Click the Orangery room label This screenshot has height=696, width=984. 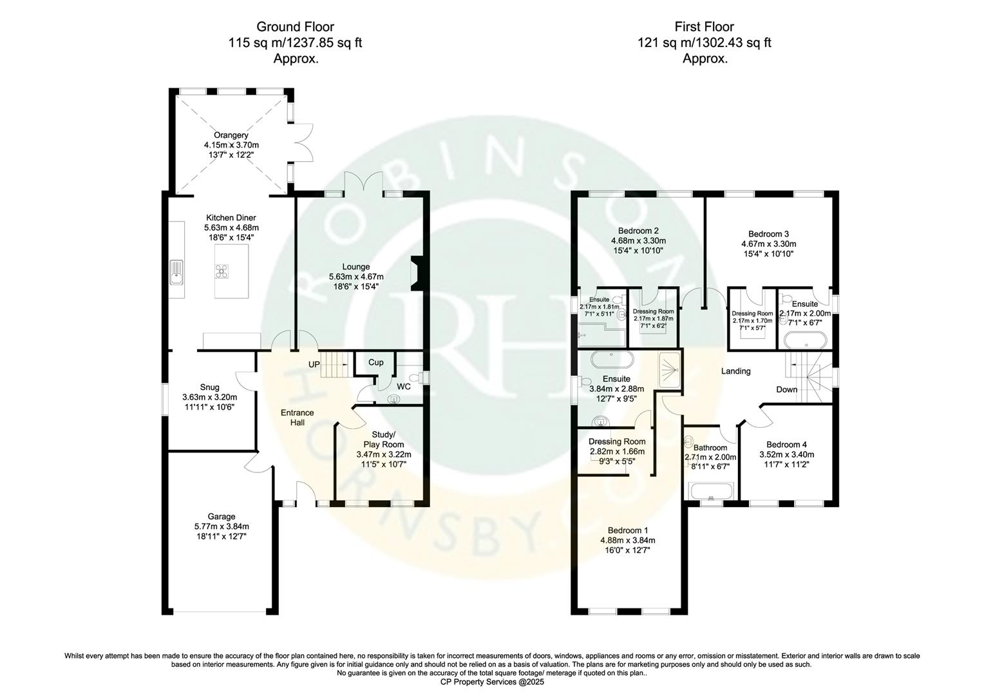coord(231,135)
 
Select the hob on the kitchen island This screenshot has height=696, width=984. coord(222,272)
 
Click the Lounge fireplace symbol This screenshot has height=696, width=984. coord(417,271)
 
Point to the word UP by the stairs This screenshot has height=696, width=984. coord(314,365)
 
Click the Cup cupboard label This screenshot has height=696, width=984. coord(376,363)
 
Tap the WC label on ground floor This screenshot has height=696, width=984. coord(404,387)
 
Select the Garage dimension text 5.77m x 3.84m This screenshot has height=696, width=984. coord(222,526)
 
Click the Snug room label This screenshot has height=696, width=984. coord(209,387)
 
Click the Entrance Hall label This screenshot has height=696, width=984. coord(297,418)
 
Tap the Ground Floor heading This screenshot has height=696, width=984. coord(295,26)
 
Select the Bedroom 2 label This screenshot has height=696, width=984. coord(638,231)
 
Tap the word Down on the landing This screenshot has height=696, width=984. coord(786,389)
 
